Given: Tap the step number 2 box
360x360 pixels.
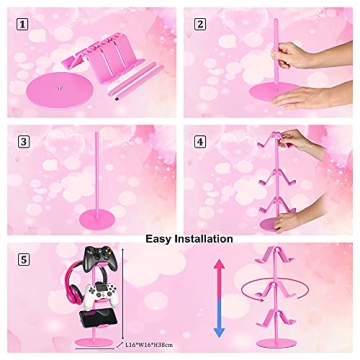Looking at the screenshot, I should [200, 24].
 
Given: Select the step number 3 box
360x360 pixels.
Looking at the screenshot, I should [23, 143].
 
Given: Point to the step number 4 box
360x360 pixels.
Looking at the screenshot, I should [200, 143].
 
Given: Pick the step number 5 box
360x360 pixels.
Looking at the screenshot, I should [23, 260].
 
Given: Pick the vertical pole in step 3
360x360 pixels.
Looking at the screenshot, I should [78, 175].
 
